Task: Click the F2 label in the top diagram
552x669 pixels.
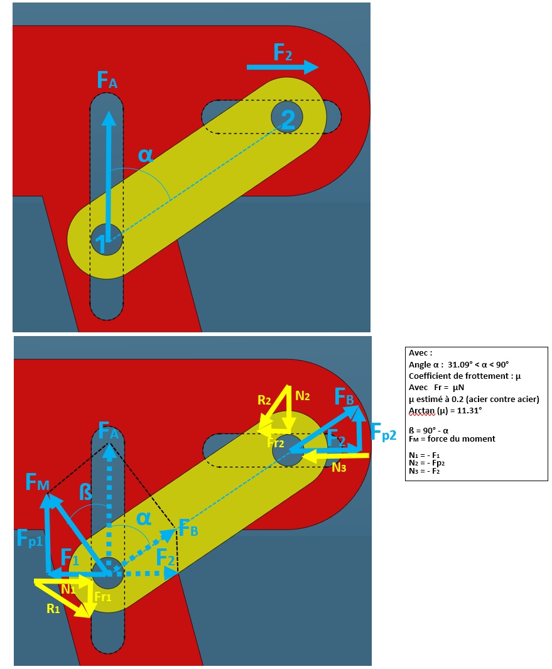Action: coord(283,53)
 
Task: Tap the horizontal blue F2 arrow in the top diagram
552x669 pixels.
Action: coord(283,67)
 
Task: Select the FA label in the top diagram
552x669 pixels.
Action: coord(107,80)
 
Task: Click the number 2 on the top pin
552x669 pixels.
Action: coord(288,119)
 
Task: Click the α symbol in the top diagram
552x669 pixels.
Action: coord(146,155)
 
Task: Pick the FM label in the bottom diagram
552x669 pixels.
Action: coord(37,482)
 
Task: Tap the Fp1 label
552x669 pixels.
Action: coord(30,538)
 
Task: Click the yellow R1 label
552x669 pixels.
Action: coord(53,609)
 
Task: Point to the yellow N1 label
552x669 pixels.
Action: coord(68,589)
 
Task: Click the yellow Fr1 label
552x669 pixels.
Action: coord(102,597)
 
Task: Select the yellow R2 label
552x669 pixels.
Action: coord(264,400)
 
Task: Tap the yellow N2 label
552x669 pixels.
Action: coord(303,396)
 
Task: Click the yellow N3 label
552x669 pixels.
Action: coord(338,467)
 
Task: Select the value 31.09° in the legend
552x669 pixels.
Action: coord(460,365)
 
